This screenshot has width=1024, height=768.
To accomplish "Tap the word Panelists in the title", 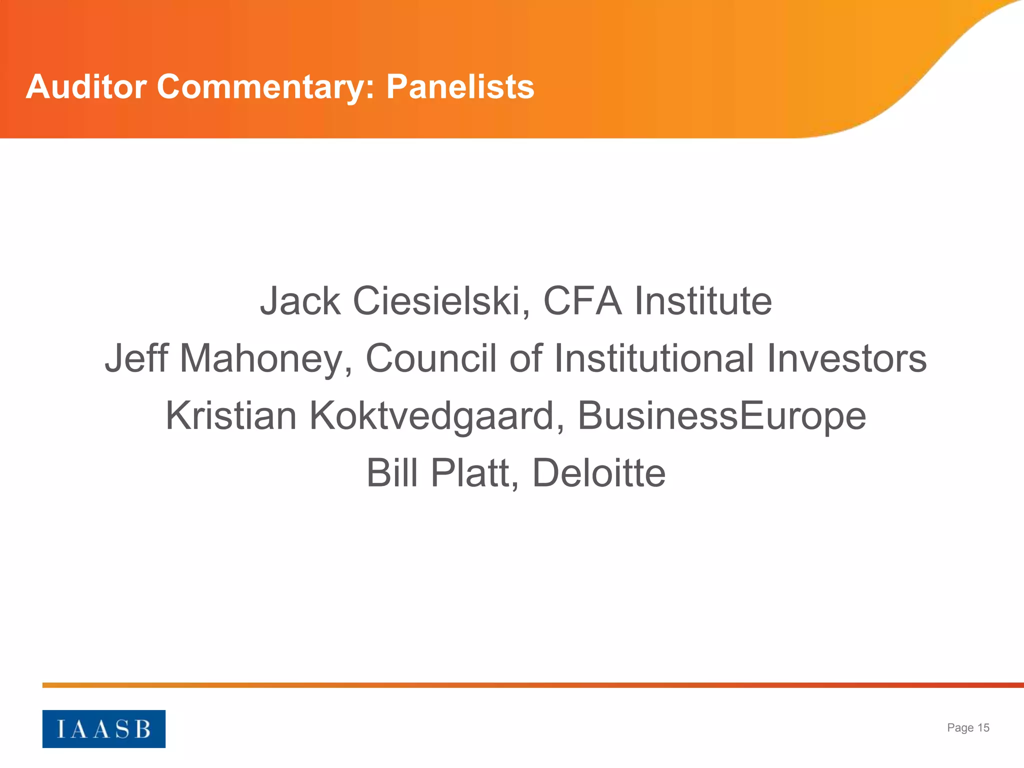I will (460, 86).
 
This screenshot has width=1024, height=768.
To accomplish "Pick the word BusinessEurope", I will (721, 416).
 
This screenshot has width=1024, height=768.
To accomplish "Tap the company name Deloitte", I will (598, 473).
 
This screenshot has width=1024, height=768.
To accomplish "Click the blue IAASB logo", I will (103, 728).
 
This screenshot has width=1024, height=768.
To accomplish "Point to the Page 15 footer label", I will (968, 727).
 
